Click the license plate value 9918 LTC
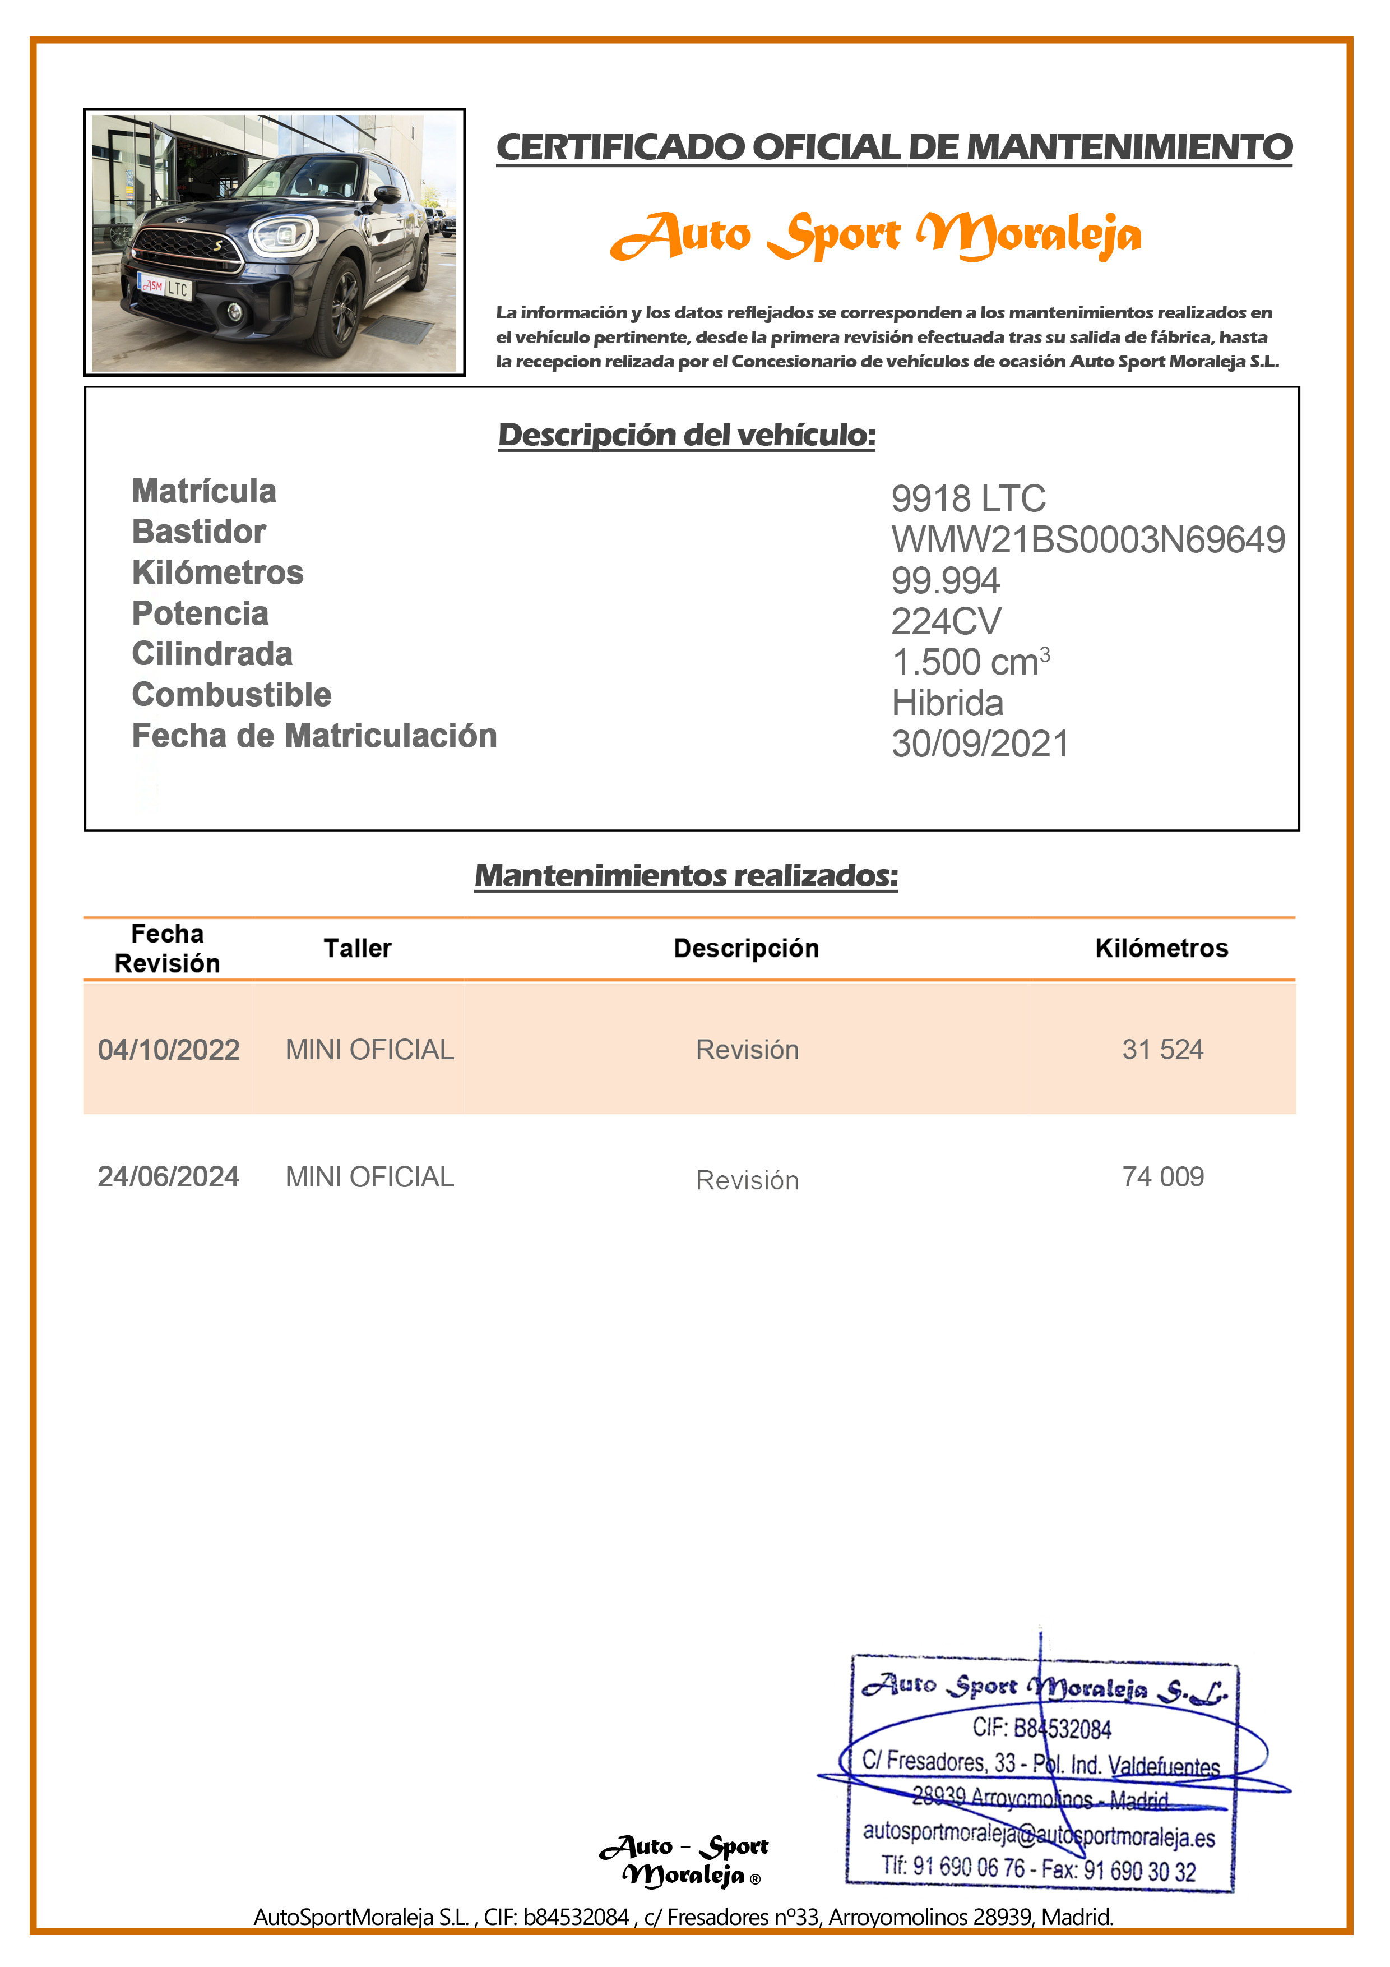(968, 498)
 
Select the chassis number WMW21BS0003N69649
(1088, 540)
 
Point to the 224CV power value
(946, 621)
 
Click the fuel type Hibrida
(947, 703)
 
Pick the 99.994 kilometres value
(946, 581)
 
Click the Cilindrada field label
(212, 654)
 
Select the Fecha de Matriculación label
(314, 736)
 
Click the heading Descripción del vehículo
(687, 435)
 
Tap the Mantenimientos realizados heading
(686, 875)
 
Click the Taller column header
(357, 948)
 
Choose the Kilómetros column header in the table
(1161, 948)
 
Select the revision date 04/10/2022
(169, 1050)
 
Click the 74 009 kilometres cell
(1163, 1177)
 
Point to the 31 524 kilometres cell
(1163, 1050)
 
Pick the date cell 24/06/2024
(169, 1177)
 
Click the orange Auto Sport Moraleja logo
(875, 235)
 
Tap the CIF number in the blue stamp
(1041, 1729)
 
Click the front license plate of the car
(166, 287)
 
